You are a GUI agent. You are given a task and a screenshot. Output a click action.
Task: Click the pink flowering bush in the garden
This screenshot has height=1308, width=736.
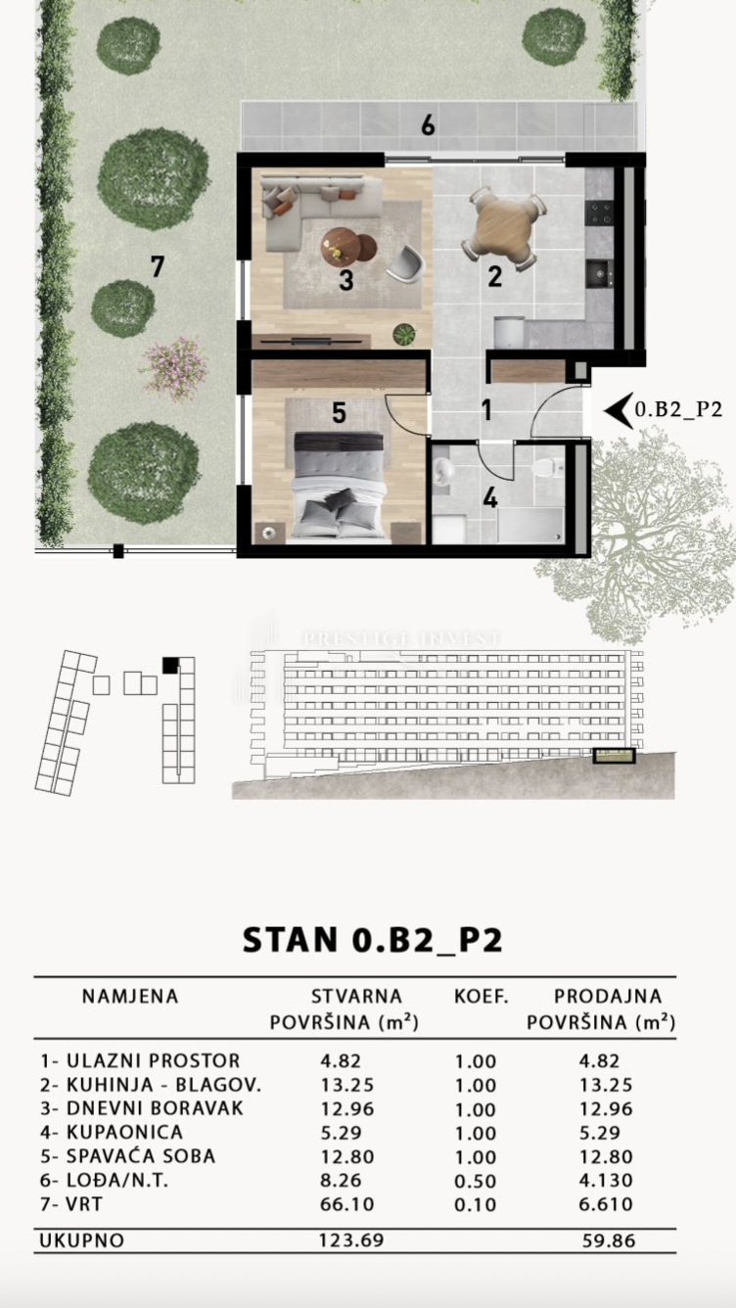coord(174,368)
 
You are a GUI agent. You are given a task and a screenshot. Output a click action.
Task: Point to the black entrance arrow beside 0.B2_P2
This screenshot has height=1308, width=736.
coord(616,410)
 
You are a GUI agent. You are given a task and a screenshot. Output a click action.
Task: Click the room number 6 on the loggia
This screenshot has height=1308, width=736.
coord(428,125)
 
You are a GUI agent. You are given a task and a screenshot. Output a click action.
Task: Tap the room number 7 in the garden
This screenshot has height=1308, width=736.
coord(157,265)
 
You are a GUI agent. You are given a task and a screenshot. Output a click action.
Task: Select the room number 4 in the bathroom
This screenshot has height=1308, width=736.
coord(490,497)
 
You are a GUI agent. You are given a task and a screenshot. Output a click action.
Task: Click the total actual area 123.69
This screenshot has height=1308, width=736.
coord(350,1240)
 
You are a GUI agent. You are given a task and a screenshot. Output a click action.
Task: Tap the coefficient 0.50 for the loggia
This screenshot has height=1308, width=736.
coord(476,1181)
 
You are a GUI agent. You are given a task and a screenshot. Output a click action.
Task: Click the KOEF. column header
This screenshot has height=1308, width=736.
coord(481,997)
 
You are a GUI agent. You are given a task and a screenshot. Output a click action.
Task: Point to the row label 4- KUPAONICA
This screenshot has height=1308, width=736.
coord(112,1133)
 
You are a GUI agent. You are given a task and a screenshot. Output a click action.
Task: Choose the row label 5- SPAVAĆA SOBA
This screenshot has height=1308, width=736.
coord(128,1156)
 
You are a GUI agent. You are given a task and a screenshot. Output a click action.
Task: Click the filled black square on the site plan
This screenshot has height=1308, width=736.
coord(170,666)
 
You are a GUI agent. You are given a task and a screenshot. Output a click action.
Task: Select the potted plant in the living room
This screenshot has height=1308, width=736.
coord(403,335)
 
